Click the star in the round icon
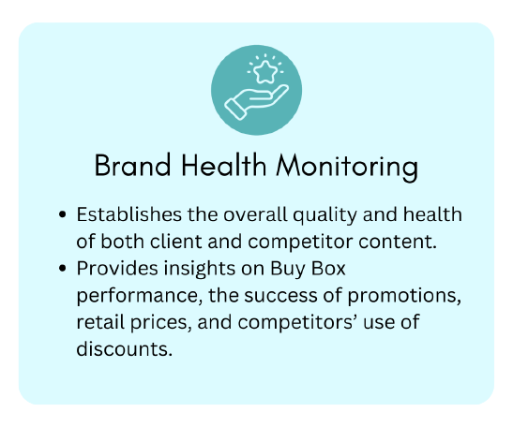click(265, 71)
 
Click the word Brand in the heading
click(132, 166)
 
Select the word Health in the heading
click(224, 165)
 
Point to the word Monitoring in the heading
click(347, 167)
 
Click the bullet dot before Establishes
click(62, 214)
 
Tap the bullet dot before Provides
click(62, 268)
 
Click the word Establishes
click(128, 214)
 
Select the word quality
click(324, 216)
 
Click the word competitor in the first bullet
click(300, 243)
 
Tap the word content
click(398, 243)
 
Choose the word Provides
click(118, 268)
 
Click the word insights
click(200, 270)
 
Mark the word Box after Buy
click(328, 269)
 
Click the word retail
click(100, 322)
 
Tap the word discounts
click(125, 348)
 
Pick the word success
click(280, 296)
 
